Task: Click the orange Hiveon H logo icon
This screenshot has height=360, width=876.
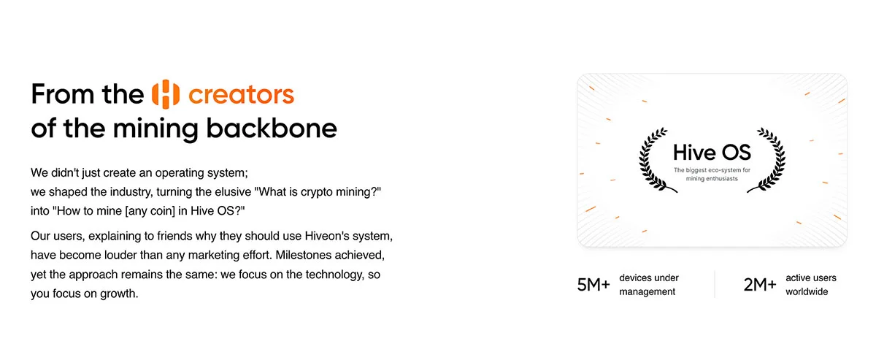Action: pyautogui.click(x=166, y=94)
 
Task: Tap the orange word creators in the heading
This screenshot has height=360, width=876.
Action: pyautogui.click(x=241, y=95)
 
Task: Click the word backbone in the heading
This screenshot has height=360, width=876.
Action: pyautogui.click(x=272, y=128)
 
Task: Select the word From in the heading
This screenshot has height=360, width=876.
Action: pyautogui.click(x=64, y=94)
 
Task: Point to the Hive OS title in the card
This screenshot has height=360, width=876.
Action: pyautogui.click(x=712, y=152)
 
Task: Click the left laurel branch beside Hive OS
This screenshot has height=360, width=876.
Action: pyautogui.click(x=653, y=161)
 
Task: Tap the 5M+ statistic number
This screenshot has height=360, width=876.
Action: pyautogui.click(x=593, y=285)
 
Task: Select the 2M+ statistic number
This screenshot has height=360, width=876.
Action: pyautogui.click(x=760, y=285)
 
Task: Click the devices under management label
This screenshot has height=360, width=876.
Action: pyautogui.click(x=649, y=285)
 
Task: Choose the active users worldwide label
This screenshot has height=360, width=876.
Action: pyautogui.click(x=811, y=285)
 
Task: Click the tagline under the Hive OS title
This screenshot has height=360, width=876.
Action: pyautogui.click(x=712, y=175)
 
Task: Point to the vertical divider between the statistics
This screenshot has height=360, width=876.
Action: pyautogui.click(x=715, y=285)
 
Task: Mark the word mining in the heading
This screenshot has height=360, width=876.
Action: pyautogui.click(x=155, y=129)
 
